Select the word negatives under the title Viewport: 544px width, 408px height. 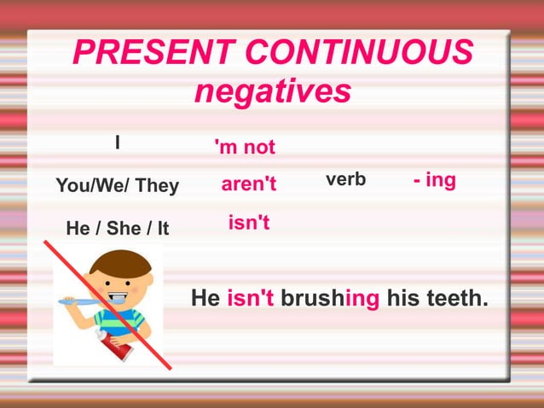pos(272,90)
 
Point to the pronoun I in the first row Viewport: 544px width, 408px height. pos(119,142)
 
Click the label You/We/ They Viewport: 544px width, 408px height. pos(117,185)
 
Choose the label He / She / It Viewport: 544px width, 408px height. pos(118,229)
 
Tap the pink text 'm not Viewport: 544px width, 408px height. pos(246,148)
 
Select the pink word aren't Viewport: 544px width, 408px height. pos(249,184)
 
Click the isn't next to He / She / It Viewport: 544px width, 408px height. pos(249,223)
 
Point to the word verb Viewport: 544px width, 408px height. pos(345,179)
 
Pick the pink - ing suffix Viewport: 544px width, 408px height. pos(434,180)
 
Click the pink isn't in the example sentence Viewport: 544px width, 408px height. pos(250,299)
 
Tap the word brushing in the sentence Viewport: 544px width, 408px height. pos(330,299)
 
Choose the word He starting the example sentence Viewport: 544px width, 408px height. pos(205,299)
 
